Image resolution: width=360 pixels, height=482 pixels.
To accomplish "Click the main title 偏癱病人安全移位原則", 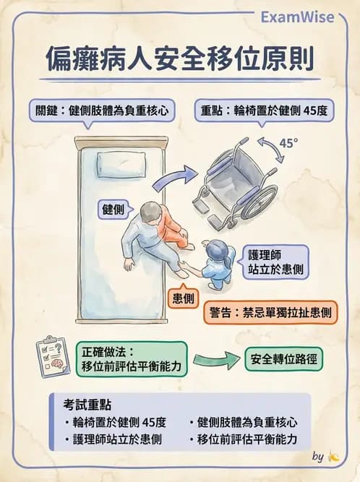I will [x=179, y=60].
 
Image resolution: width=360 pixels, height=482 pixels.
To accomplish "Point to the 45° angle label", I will [x=288, y=144].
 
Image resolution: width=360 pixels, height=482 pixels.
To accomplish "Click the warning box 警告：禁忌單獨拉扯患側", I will [x=273, y=313].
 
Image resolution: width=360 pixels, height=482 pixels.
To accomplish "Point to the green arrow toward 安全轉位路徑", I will [x=215, y=358].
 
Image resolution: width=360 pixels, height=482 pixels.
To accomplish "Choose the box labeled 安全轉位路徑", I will [x=284, y=358].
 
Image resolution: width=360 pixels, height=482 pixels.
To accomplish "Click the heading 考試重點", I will [x=83, y=405].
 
